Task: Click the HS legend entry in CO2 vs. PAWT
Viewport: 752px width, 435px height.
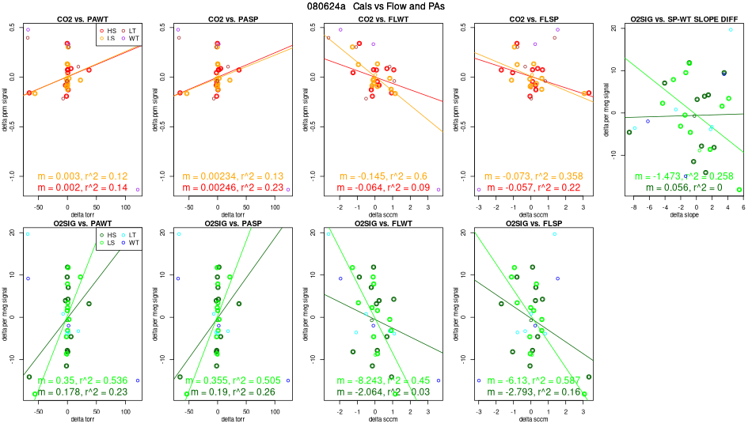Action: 108,30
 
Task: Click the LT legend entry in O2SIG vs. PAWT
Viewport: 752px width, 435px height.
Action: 131,236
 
